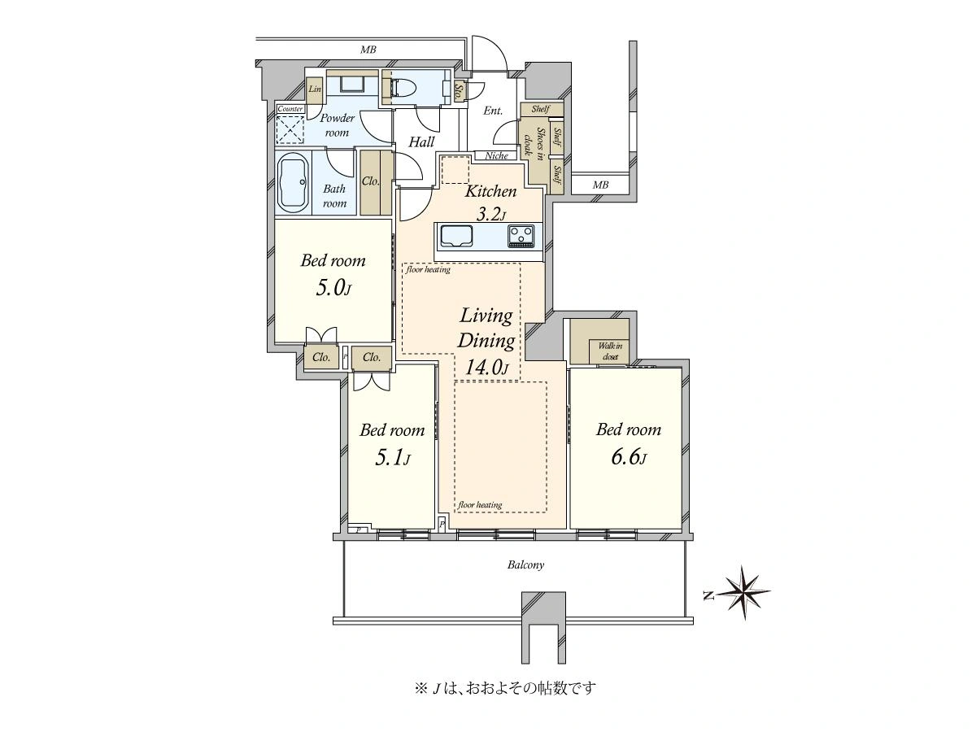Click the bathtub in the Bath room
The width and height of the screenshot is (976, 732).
pos(294,183)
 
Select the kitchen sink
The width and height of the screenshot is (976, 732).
pos(455,237)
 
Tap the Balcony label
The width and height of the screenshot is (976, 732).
pos(525,565)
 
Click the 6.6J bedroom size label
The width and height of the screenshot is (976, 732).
pos(629,457)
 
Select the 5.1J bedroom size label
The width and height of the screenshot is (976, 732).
pos(392,458)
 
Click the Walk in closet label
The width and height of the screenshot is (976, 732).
pos(610,351)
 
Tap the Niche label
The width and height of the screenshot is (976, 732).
pos(496,155)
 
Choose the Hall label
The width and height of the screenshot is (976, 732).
pos(421,142)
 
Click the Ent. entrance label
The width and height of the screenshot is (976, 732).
pos(493,111)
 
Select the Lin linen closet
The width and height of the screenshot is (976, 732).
pos(315,89)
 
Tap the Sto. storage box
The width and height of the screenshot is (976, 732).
pos(460,94)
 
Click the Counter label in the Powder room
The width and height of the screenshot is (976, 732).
pos(290,109)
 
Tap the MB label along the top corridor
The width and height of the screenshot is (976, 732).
pos(368,50)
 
